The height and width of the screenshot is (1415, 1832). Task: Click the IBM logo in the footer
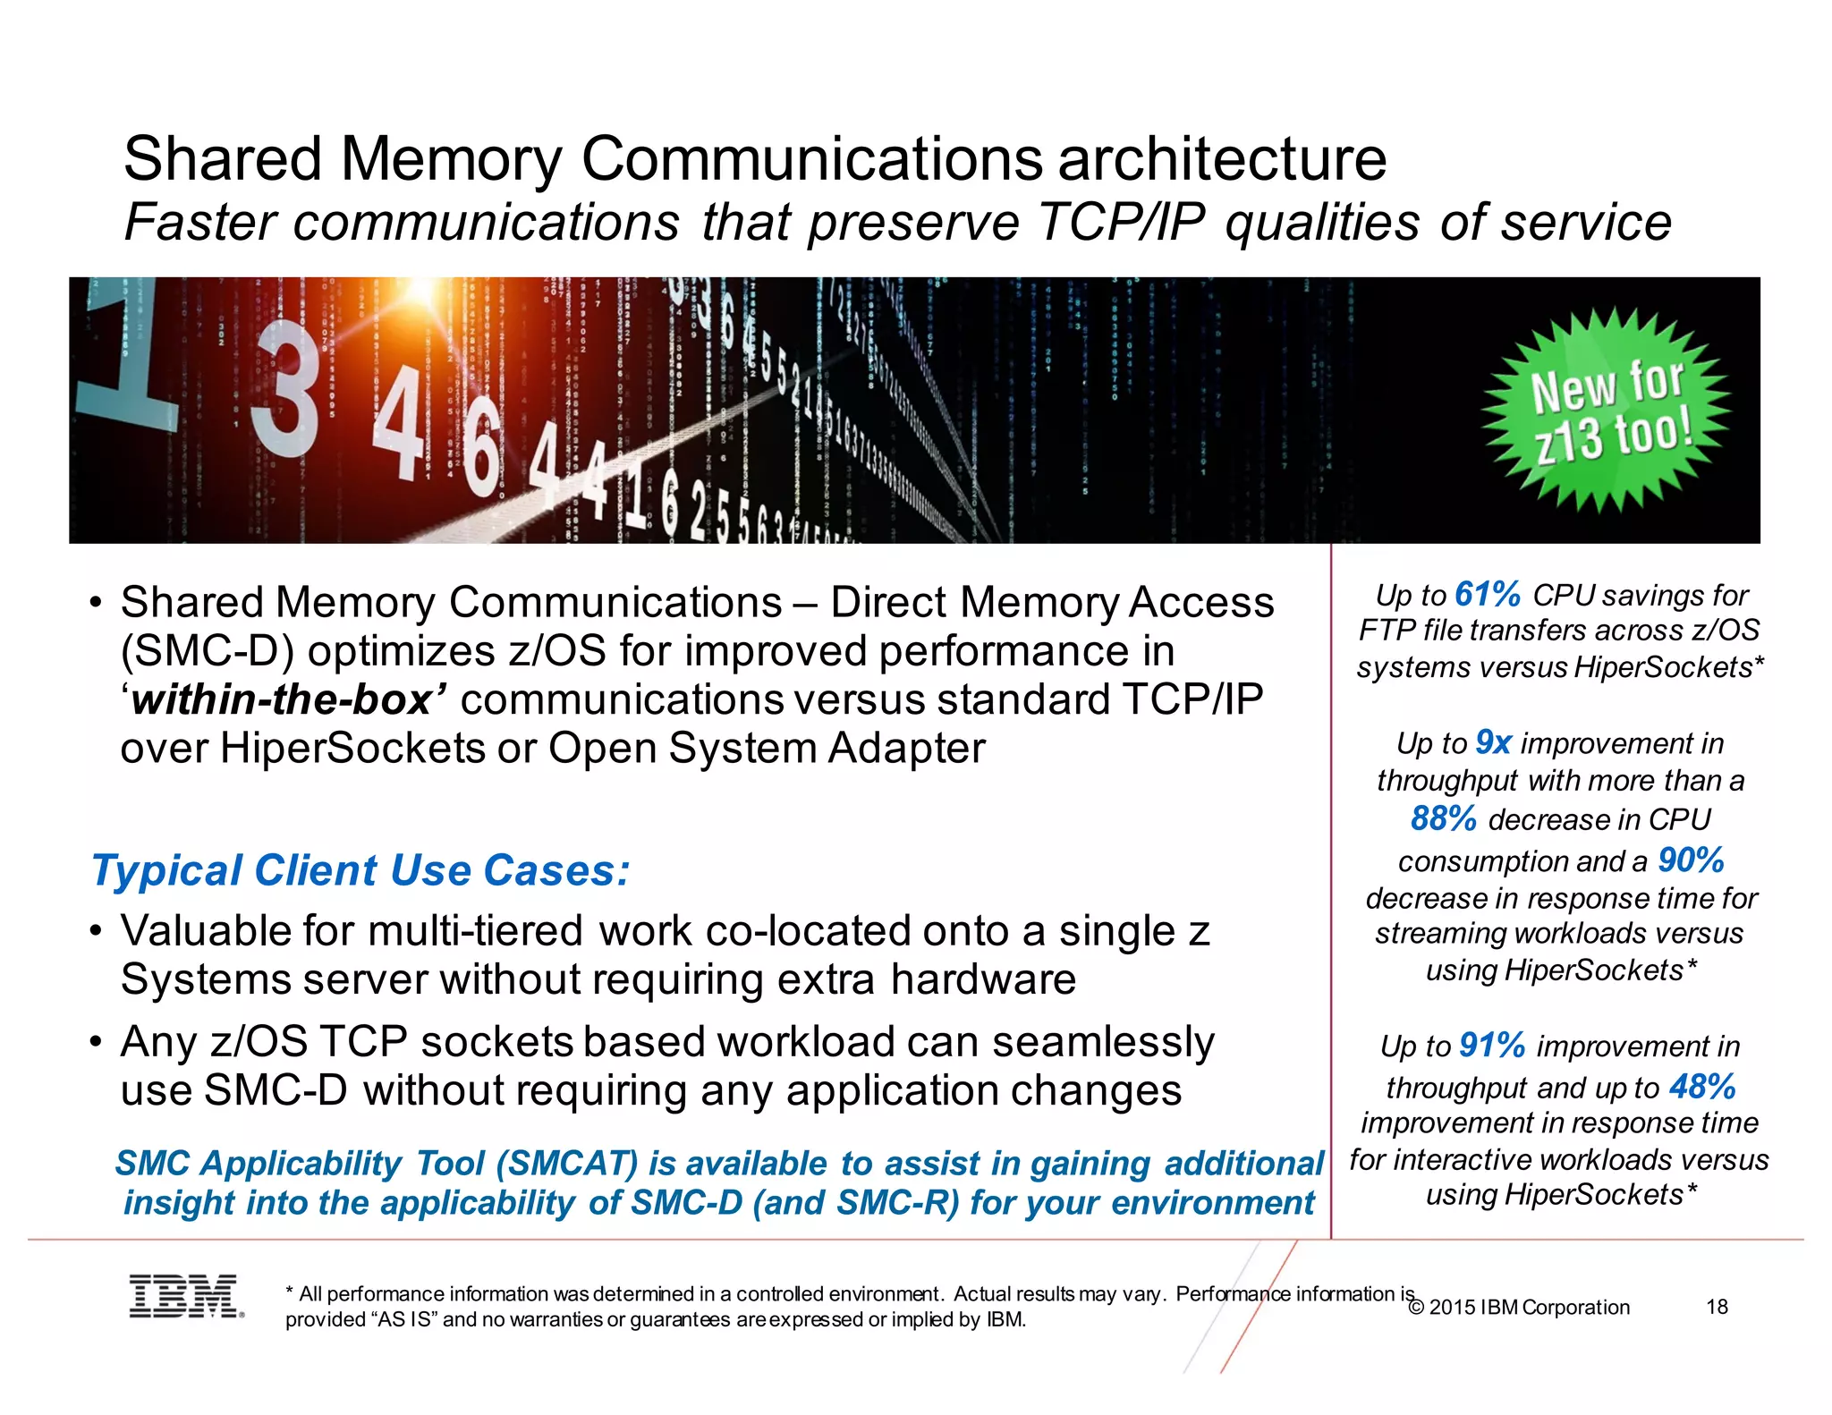coord(185,1296)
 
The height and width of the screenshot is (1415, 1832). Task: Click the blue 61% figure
coord(1488,594)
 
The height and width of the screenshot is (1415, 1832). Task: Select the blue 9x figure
coord(1493,742)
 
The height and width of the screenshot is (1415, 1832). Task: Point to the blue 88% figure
coord(1443,818)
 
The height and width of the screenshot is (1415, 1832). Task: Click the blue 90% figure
coord(1691,860)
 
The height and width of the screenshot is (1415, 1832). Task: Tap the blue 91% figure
coord(1491,1045)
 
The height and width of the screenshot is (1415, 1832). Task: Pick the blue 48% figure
coord(1702,1087)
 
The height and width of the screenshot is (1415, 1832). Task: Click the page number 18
coord(1717,1307)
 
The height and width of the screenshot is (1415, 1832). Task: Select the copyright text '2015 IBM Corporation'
coord(1529,1308)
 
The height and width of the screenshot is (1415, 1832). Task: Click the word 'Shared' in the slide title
coord(223,159)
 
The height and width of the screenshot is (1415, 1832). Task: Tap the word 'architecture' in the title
coord(1222,159)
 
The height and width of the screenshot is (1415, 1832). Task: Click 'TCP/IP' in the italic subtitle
coord(1121,222)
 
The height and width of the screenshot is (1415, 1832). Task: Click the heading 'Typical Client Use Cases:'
coord(360,870)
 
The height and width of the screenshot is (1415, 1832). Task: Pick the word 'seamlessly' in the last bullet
coord(1103,1042)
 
